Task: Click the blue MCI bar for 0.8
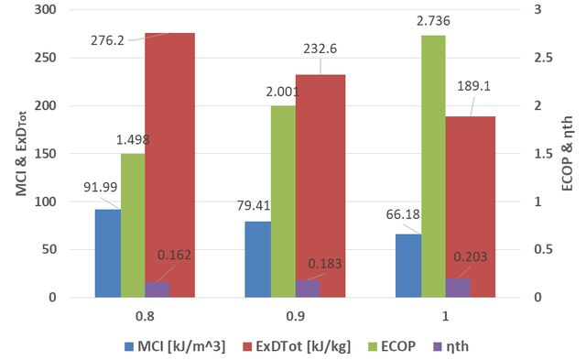108,254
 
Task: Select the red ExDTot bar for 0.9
320,186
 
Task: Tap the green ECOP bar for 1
433,167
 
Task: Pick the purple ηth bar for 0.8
157,289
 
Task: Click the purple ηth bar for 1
458,288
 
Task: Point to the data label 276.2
107,40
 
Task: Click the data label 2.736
433,21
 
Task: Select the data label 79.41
254,205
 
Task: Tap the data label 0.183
325,264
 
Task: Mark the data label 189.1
474,86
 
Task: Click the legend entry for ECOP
392,346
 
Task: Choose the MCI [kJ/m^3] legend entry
175,346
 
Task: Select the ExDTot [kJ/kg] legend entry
297,346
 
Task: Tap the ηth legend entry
450,346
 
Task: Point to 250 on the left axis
45,58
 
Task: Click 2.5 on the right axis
543,58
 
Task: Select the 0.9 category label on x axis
295,317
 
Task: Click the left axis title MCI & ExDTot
22,154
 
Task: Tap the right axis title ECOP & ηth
567,154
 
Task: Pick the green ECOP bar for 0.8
133,225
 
